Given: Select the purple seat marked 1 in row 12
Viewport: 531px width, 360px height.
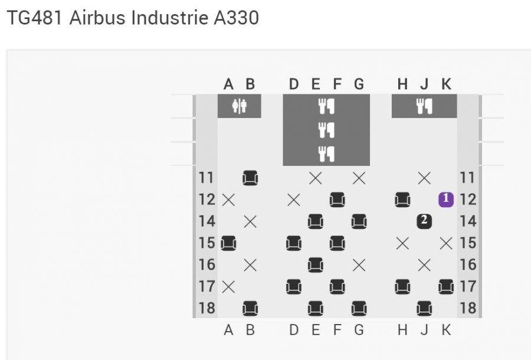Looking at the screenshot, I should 445,199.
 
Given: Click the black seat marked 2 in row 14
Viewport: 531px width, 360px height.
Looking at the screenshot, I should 424,221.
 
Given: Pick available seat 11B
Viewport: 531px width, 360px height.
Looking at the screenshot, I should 250,178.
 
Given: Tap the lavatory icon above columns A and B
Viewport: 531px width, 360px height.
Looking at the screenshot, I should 240,106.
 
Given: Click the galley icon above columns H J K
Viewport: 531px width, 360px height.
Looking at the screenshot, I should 424,106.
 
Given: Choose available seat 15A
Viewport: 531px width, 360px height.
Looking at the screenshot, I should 228,243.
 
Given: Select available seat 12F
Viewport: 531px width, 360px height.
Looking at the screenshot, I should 337,199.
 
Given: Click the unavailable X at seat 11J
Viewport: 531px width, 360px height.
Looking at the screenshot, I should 424,178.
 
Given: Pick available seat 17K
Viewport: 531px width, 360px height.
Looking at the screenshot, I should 445,287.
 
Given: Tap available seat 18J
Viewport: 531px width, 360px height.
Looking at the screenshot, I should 424,308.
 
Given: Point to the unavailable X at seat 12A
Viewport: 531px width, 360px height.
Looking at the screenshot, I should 228,199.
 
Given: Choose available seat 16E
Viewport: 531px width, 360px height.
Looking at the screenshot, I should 316,265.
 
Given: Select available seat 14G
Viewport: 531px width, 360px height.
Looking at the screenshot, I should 359,221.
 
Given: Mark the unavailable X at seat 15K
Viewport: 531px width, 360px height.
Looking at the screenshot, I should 445,243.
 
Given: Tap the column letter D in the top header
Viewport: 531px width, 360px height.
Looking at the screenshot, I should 294,84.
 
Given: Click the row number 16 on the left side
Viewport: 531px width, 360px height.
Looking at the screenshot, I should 207,265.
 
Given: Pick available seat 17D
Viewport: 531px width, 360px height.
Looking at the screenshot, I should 294,287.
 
